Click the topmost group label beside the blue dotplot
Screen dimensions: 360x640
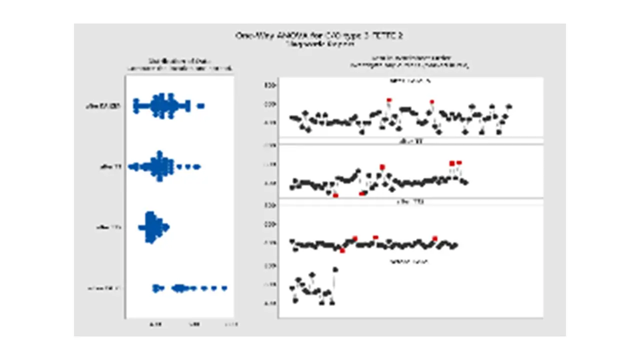[x=103, y=106]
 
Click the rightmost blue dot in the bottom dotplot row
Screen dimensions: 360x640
[x=224, y=288]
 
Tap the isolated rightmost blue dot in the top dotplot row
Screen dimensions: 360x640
[x=201, y=105]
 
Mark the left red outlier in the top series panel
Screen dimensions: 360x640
[x=389, y=100]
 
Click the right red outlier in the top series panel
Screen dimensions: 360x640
[x=432, y=102]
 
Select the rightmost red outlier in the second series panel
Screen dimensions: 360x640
[x=459, y=162]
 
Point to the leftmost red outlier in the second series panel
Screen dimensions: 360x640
[x=335, y=195]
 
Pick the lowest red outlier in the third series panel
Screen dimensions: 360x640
[x=342, y=250]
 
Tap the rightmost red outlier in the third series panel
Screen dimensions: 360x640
[x=435, y=238]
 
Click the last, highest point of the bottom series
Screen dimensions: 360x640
[x=335, y=269]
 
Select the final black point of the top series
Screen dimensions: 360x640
[x=509, y=106]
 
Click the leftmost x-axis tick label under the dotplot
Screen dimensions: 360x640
[x=155, y=324]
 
